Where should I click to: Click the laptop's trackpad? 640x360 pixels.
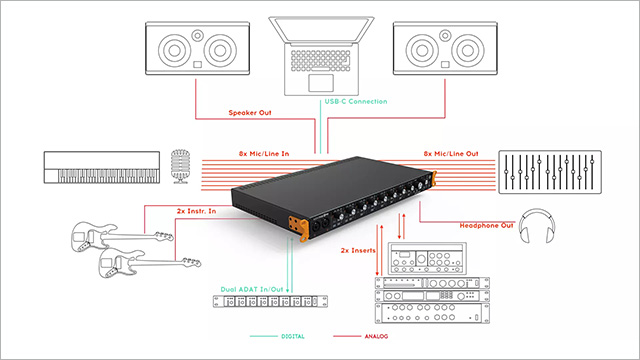[321, 83]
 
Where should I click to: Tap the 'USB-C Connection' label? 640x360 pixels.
[356, 102]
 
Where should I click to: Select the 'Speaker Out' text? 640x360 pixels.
[250, 113]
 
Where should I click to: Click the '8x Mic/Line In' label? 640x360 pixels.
[264, 154]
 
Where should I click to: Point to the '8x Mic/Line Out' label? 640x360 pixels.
[451, 154]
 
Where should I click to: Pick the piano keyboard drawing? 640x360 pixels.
[102, 167]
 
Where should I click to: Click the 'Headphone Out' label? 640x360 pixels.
[486, 226]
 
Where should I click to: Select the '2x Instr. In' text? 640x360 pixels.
[196, 211]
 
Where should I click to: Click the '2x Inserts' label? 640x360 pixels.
[358, 251]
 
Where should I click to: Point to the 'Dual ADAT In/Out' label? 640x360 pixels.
[252, 289]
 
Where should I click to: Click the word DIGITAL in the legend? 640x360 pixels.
[293, 336]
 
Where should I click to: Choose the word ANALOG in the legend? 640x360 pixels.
[376, 336]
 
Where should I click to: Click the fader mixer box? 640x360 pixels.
[550, 172]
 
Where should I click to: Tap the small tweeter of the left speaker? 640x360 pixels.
[198, 36]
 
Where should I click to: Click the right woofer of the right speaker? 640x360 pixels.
[468, 51]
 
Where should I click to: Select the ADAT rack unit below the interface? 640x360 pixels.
[270, 301]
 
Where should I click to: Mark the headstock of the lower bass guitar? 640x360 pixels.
[191, 262]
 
